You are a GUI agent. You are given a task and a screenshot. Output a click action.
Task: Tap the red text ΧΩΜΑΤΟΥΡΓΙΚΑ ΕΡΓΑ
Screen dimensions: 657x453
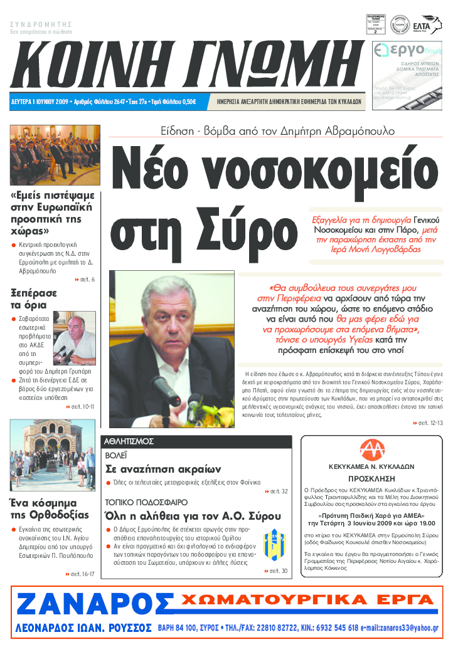click(x=307, y=601)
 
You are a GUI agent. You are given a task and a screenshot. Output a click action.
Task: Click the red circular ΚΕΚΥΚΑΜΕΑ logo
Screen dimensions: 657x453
click(x=372, y=450)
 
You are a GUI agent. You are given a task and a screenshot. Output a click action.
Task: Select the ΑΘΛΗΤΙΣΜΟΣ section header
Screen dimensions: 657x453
click(x=129, y=441)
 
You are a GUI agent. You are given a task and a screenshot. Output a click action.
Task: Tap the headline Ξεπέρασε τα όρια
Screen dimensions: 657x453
click(x=34, y=299)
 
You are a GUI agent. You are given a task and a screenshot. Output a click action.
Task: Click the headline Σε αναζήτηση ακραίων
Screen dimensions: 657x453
click(x=163, y=469)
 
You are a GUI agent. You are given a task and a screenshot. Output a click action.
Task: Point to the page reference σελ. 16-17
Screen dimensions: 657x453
click(x=80, y=574)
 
